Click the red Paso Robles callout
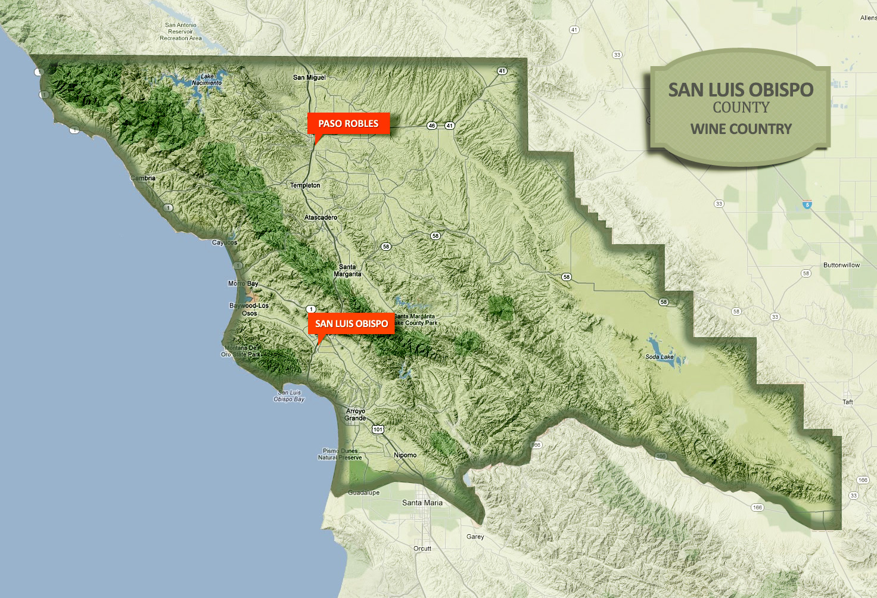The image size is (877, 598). click(x=348, y=123)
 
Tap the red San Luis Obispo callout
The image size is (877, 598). click(x=351, y=323)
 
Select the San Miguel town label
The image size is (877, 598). click(x=309, y=77)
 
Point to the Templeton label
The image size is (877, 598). click(x=305, y=185)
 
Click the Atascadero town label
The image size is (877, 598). click(x=321, y=217)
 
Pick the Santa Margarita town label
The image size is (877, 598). click(x=347, y=270)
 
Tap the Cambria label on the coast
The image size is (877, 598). click(x=143, y=178)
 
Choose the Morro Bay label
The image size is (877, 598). click(x=243, y=284)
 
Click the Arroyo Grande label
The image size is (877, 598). click(x=355, y=415)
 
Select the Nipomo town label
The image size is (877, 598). click(x=405, y=455)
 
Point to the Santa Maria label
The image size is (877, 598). click(x=422, y=503)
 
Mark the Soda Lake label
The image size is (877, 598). click(x=660, y=357)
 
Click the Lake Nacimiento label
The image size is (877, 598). click(x=207, y=79)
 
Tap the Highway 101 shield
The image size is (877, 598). click(x=378, y=429)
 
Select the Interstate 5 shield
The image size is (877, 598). click(x=807, y=205)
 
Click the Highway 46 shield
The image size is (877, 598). click(x=432, y=126)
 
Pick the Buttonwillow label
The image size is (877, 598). click(x=841, y=265)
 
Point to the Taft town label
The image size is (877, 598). click(x=847, y=402)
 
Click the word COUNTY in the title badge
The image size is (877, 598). click(x=741, y=108)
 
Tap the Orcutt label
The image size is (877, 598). click(x=422, y=549)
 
